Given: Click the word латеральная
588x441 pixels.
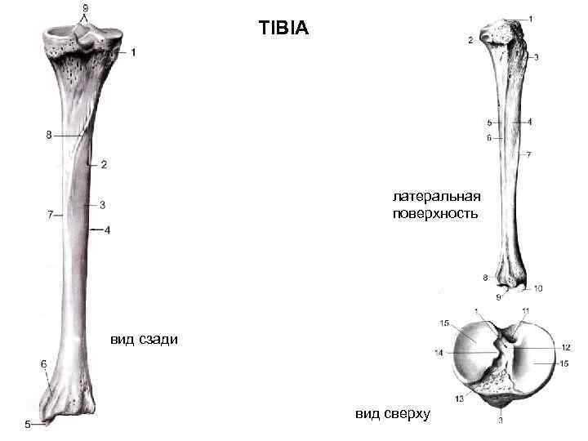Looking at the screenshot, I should (436, 197).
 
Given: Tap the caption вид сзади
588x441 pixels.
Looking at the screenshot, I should (140, 339).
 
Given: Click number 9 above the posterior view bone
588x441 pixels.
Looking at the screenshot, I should (85, 9).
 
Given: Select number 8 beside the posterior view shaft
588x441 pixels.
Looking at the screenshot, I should (49, 136).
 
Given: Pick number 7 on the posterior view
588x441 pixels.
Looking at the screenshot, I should (50, 215).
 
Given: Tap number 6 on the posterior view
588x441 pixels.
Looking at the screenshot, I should (43, 363).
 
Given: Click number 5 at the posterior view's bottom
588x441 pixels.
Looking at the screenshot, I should (29, 424).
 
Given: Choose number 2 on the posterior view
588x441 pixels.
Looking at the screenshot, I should (104, 165).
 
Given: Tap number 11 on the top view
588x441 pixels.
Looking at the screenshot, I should (525, 311).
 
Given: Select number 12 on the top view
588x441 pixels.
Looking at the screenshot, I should (564, 347).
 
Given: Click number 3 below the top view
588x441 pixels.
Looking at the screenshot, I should (500, 421).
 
